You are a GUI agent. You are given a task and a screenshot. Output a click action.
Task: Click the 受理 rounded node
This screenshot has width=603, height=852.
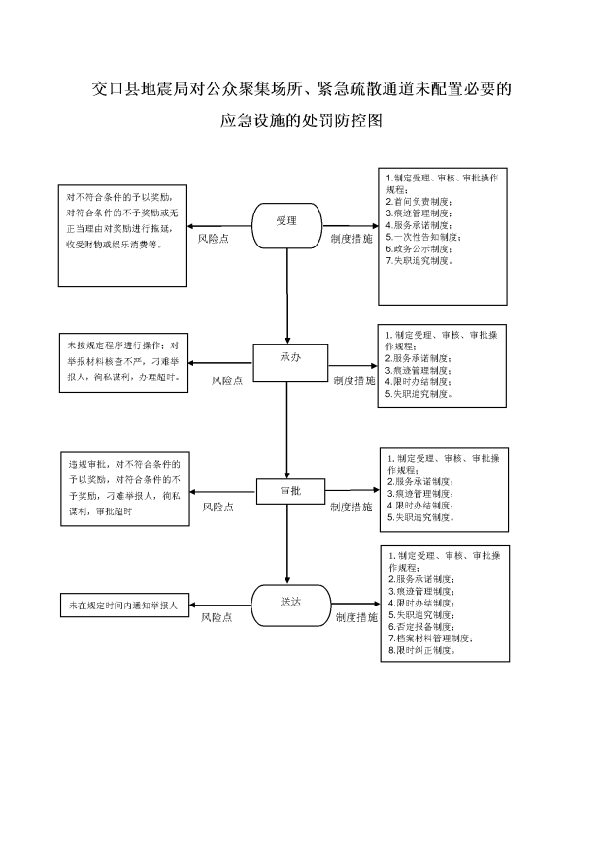[x=287, y=225]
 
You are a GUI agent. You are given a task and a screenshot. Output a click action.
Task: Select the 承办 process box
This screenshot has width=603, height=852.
[x=291, y=363]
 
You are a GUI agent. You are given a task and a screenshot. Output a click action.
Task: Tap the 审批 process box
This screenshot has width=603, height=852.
[x=291, y=492]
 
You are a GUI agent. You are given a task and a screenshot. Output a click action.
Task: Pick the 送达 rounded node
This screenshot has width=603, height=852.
[x=291, y=606]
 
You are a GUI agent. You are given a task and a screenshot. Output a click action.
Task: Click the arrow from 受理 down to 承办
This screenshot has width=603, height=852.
[x=287, y=296]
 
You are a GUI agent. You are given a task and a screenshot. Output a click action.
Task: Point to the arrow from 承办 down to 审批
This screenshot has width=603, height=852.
[x=287, y=430]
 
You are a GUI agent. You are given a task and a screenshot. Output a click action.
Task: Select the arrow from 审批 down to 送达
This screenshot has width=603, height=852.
[x=287, y=544]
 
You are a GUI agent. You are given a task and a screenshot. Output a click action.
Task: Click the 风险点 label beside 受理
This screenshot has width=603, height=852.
[x=214, y=239]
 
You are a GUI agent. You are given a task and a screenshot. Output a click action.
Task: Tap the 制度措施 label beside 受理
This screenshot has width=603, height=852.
[x=352, y=239]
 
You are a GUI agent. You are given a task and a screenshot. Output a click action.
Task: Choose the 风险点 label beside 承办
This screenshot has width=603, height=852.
[x=227, y=381]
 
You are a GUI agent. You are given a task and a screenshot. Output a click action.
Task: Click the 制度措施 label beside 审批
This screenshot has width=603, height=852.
[x=352, y=507]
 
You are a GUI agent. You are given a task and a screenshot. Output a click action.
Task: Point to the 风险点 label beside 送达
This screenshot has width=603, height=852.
[x=217, y=617]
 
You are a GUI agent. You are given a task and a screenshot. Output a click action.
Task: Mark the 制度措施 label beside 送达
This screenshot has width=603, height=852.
[x=356, y=617]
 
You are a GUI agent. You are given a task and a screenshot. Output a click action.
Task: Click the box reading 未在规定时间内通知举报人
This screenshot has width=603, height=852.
[x=124, y=605]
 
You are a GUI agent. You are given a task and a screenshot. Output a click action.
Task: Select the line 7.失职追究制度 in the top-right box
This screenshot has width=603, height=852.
[x=419, y=261]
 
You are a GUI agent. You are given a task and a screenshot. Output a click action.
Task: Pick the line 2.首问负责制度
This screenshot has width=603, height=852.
[x=419, y=202]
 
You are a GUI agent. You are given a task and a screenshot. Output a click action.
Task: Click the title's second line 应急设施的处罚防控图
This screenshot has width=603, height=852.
[x=301, y=120]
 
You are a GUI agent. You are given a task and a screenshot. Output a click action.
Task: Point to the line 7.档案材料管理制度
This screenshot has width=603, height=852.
[x=430, y=639]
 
